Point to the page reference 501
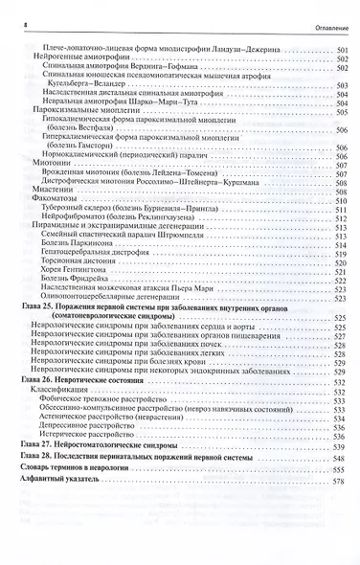(x=339, y=50)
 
